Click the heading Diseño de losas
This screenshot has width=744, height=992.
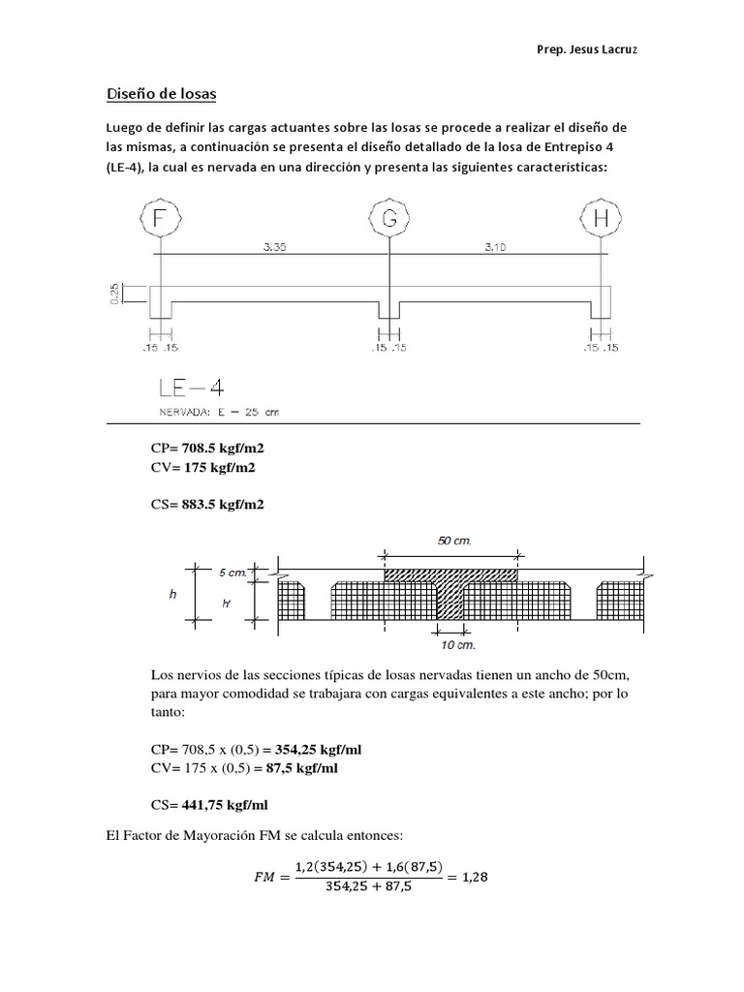click(x=161, y=94)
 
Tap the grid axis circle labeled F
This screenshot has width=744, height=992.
click(x=161, y=219)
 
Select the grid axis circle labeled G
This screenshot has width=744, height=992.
click(x=389, y=219)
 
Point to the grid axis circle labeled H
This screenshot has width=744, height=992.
click(x=602, y=219)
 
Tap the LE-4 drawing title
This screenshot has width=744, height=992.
click(x=191, y=387)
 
